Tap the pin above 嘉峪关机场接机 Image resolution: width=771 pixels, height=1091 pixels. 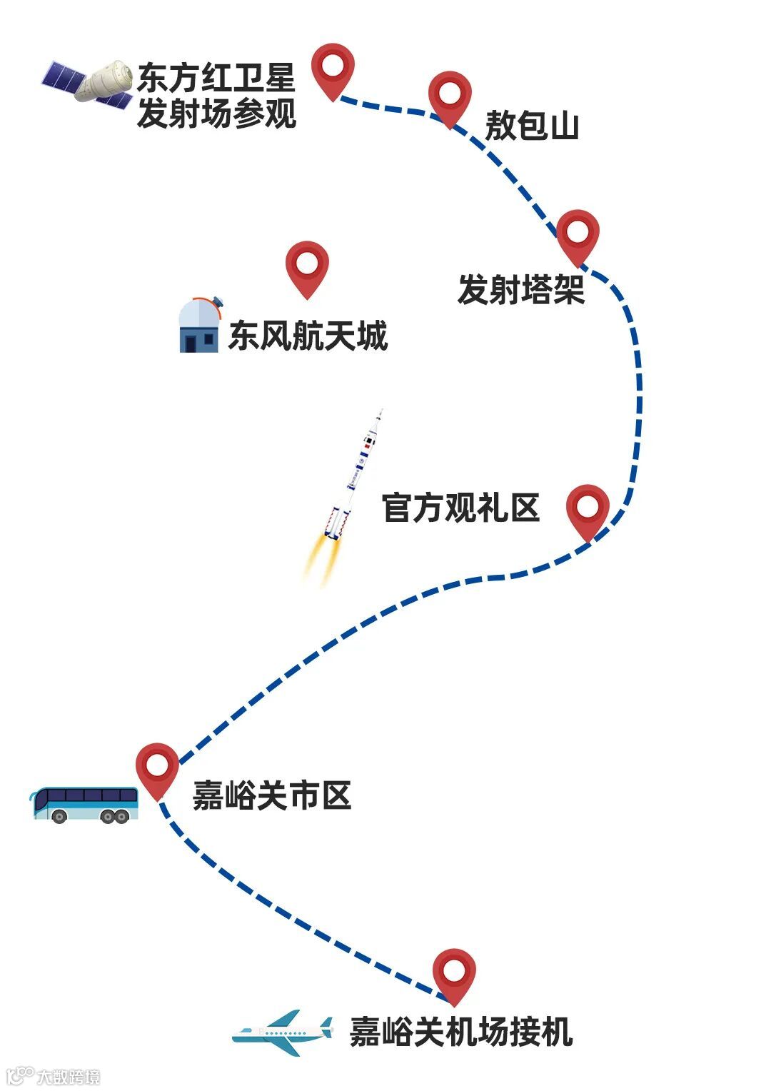454,973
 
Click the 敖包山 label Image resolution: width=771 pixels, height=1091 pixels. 532,126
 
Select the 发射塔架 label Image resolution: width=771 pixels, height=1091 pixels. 521,290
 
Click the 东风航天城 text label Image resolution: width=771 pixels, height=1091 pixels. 308,336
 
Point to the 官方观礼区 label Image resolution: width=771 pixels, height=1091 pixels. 460,508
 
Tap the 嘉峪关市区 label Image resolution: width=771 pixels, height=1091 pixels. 272,795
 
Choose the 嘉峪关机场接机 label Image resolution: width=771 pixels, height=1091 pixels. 460,1032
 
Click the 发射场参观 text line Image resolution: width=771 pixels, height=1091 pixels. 216,114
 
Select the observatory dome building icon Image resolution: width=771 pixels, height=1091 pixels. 199,326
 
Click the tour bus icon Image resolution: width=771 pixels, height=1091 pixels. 84,805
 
